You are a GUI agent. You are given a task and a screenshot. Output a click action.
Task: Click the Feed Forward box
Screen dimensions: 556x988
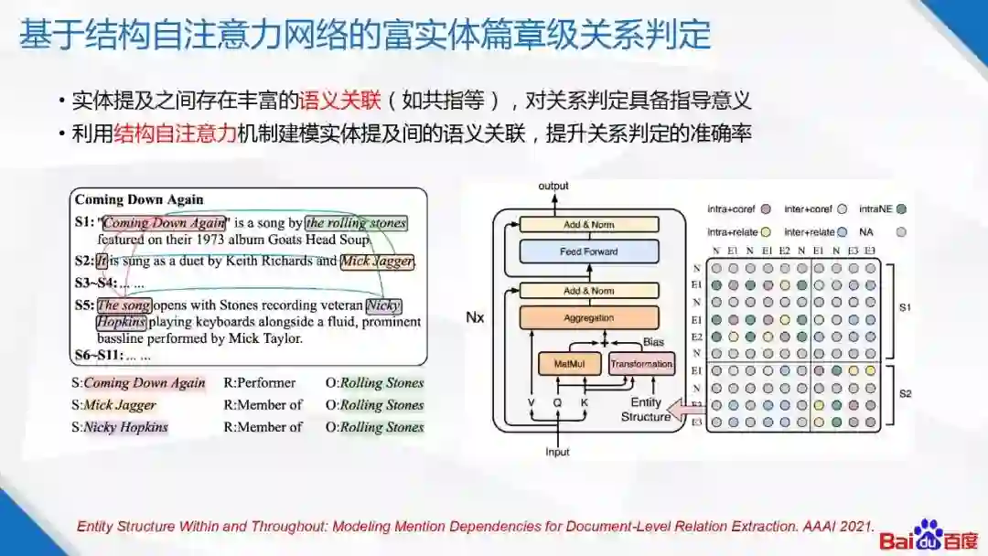[x=589, y=251]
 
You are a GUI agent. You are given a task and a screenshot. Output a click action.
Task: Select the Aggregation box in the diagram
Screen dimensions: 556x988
[x=589, y=317]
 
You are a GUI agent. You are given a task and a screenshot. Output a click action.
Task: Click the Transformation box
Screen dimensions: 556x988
[x=641, y=364]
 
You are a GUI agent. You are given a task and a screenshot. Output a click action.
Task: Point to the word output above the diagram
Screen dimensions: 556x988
[x=553, y=186]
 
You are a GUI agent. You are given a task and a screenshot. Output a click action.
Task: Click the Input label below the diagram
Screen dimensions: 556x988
[x=557, y=452]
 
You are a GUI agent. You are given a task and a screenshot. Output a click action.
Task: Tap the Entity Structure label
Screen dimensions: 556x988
[x=646, y=410]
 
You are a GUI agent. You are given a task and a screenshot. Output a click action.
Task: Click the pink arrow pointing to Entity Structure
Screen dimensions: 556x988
[x=682, y=407]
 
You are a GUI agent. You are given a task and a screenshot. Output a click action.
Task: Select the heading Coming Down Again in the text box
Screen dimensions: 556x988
[x=139, y=199]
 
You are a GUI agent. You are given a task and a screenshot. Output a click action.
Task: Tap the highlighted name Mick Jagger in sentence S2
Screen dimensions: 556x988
[x=377, y=262]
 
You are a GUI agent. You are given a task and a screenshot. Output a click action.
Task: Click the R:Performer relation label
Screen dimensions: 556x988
[x=260, y=383]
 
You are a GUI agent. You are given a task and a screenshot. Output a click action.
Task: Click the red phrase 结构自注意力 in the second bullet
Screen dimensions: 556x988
[x=176, y=134]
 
